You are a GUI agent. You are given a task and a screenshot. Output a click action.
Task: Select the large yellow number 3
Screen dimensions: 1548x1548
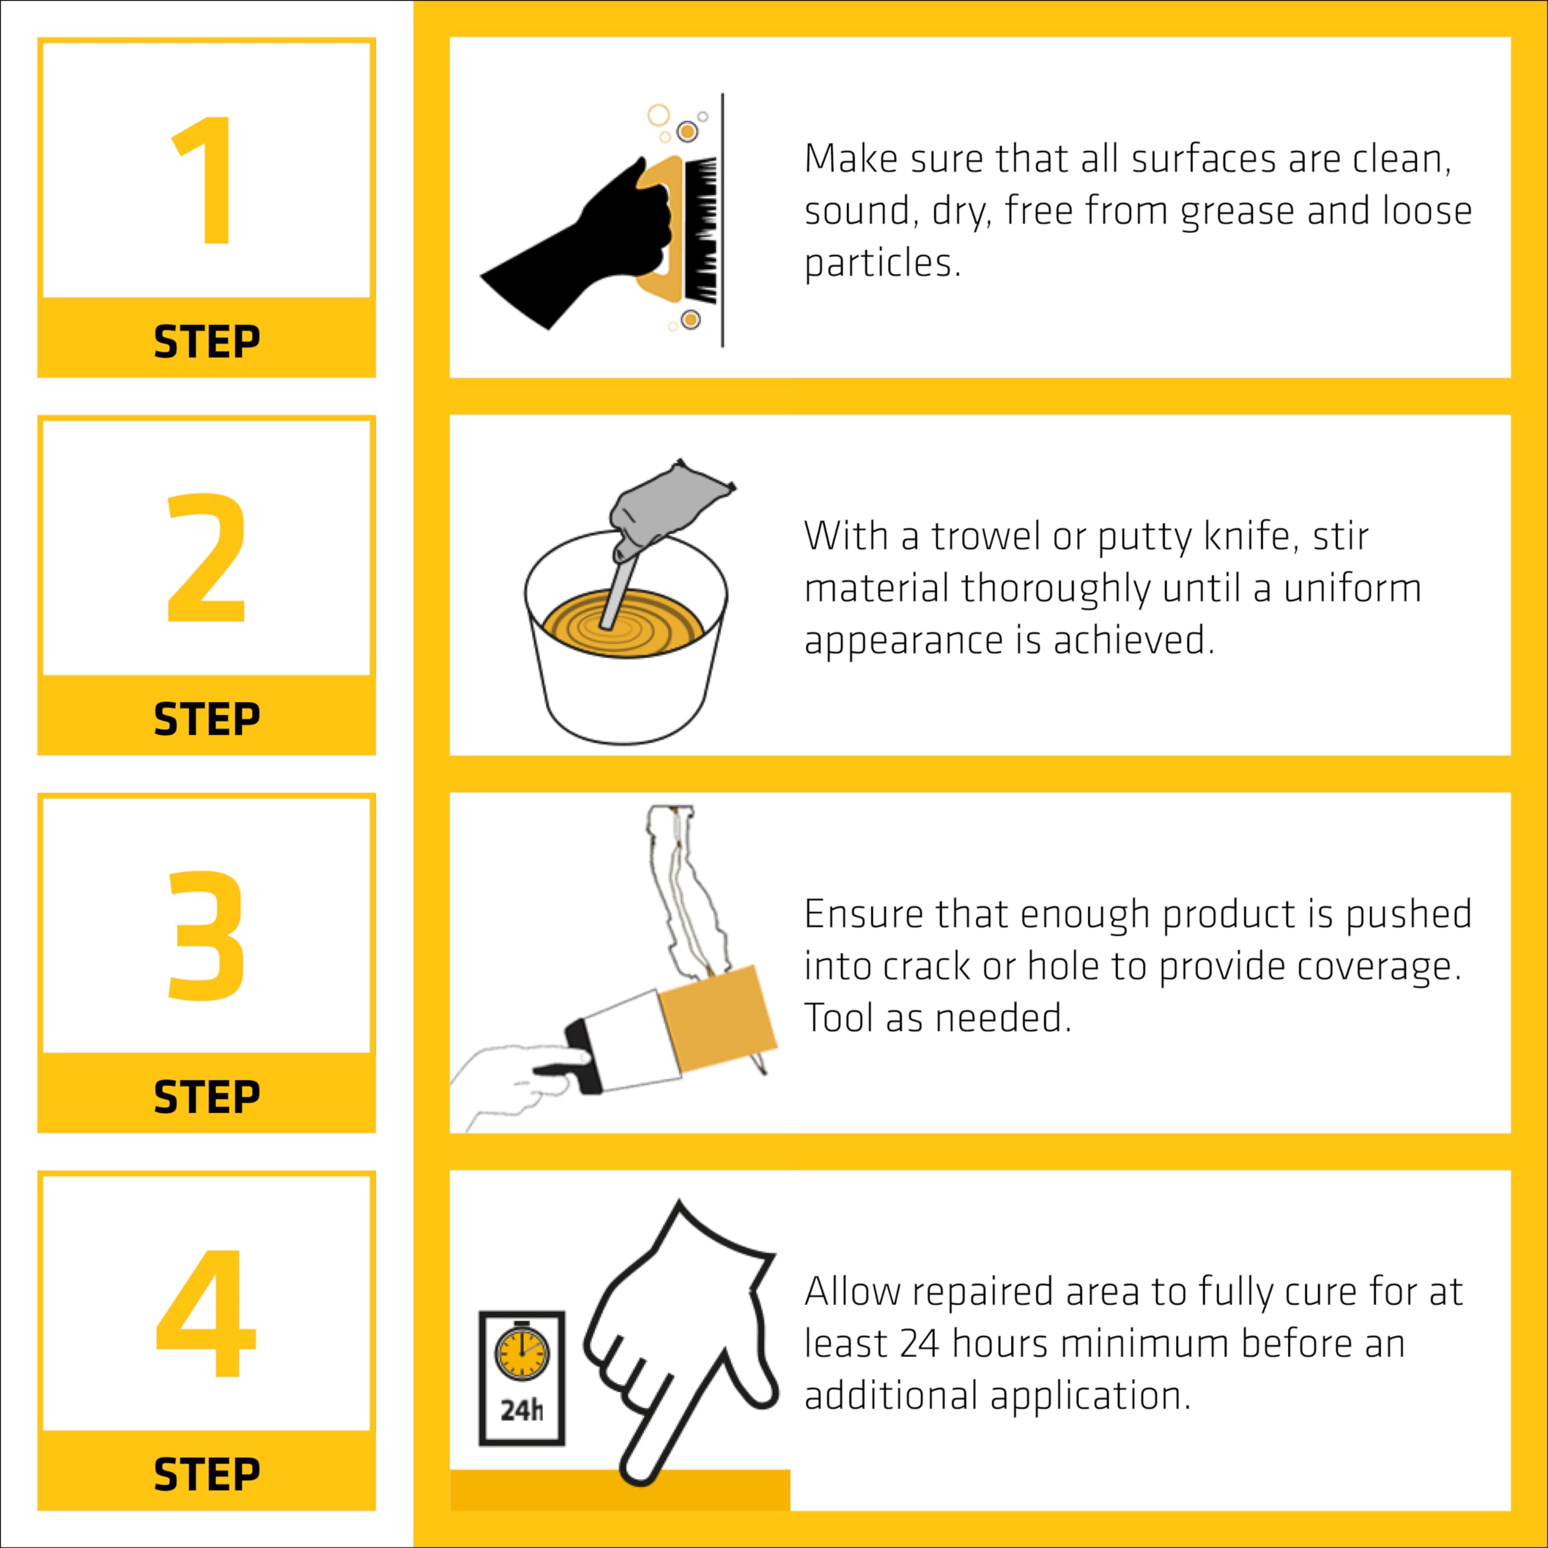tap(206, 935)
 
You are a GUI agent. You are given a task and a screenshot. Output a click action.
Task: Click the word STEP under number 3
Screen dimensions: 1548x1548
tap(207, 1097)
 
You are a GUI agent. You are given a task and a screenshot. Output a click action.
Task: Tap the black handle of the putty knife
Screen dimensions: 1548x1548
tap(584, 1056)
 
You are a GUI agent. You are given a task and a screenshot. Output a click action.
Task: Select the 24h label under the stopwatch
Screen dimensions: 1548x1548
tap(522, 1410)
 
